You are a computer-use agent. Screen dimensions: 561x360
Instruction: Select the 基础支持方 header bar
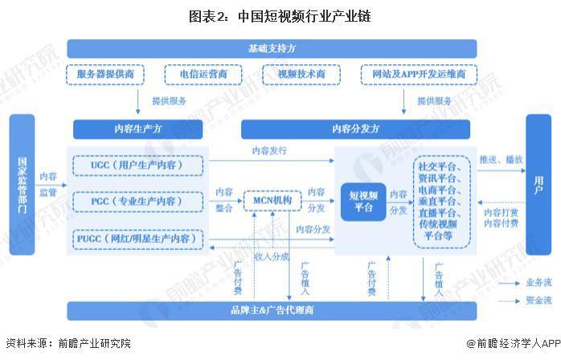pos(272,49)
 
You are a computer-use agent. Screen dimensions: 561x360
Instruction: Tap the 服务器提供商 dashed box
pos(105,75)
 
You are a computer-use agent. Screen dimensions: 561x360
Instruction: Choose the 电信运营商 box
pos(203,75)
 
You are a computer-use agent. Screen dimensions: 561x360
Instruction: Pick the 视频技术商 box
pos(301,75)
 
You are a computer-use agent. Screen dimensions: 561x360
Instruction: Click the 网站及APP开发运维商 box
pos(419,75)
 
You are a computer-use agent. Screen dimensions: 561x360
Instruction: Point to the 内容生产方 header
pos(137,129)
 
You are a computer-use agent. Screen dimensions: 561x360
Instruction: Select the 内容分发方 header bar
pos(355,129)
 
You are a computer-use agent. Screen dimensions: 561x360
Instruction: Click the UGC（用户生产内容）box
pos(137,166)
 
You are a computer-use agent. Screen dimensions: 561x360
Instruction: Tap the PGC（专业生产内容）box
pos(137,202)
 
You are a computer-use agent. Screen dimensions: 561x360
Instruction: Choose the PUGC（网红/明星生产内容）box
pos(137,239)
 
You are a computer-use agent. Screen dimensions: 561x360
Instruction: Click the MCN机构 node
pos(272,201)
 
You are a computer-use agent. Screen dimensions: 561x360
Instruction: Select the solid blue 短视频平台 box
pos(363,202)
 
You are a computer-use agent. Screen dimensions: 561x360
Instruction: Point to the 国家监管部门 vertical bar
pos(22,185)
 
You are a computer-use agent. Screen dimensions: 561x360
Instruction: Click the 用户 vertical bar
pos(538,185)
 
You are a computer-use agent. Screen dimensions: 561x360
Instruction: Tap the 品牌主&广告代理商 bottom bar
pos(272,311)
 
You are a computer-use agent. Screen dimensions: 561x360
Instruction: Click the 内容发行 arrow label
pos(269,150)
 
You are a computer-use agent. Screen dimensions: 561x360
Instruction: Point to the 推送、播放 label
pos(502,160)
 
